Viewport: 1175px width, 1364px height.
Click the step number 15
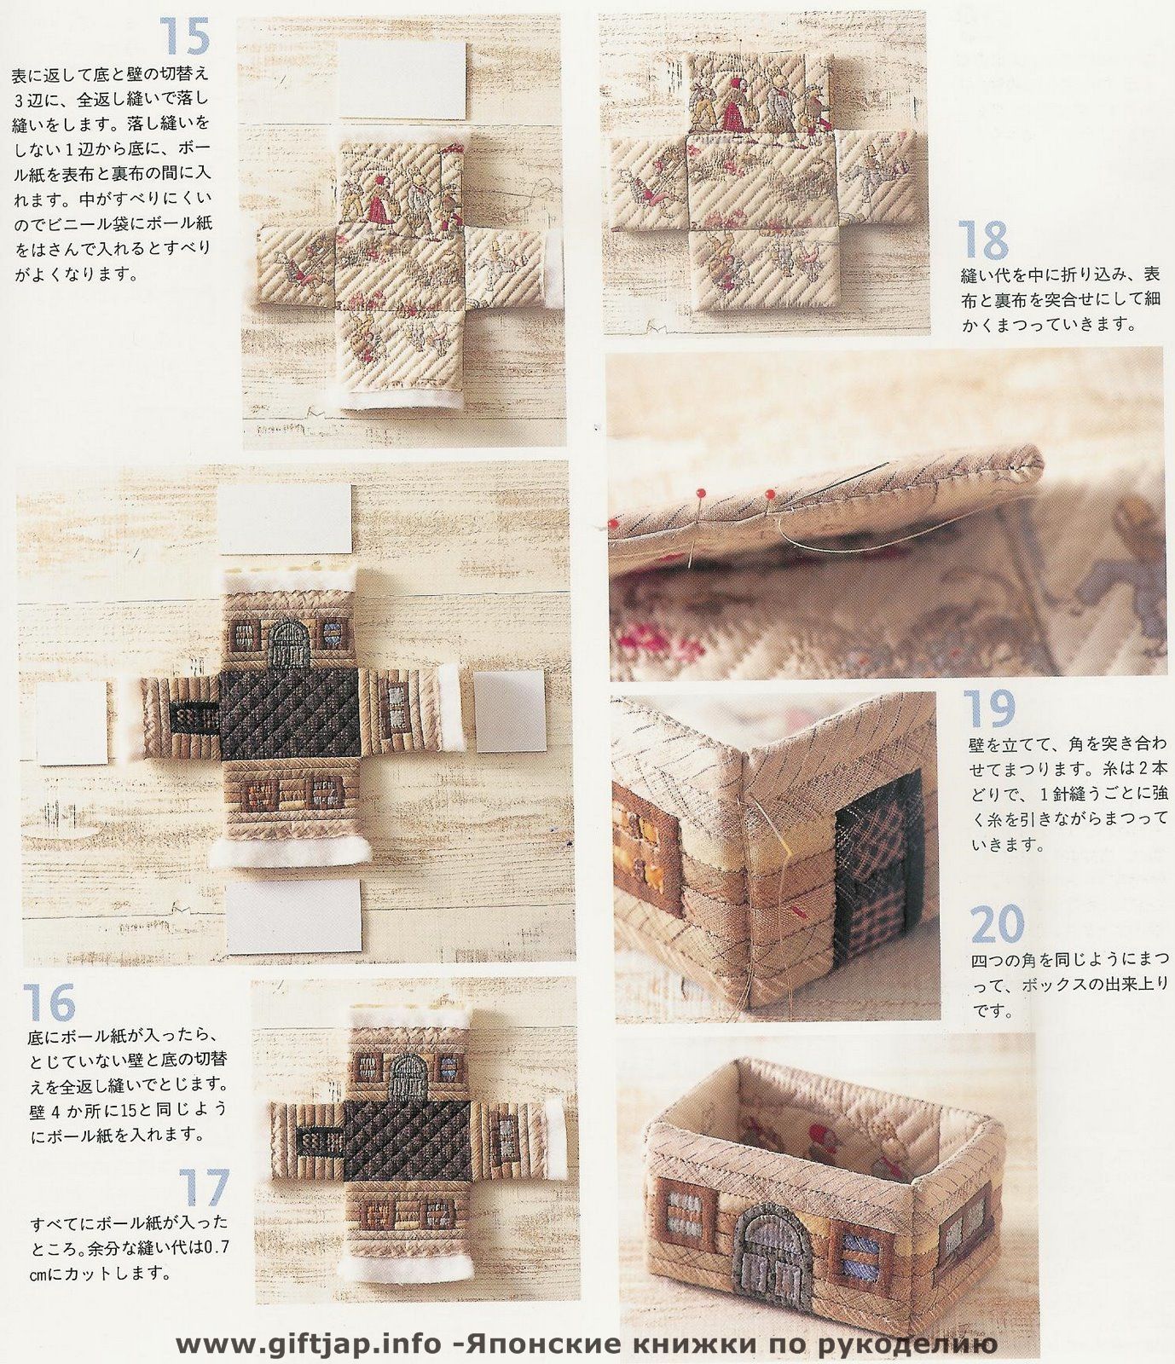[184, 36]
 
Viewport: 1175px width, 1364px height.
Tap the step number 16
[49, 1003]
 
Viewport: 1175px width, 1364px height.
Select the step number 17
[205, 1188]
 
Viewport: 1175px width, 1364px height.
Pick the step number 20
[998, 924]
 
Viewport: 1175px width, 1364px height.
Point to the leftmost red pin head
[612, 521]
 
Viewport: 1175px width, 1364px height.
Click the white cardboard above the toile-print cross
[403, 78]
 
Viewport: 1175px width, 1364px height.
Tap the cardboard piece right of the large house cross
[510, 711]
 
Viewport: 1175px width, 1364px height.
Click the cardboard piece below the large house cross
[293, 916]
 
